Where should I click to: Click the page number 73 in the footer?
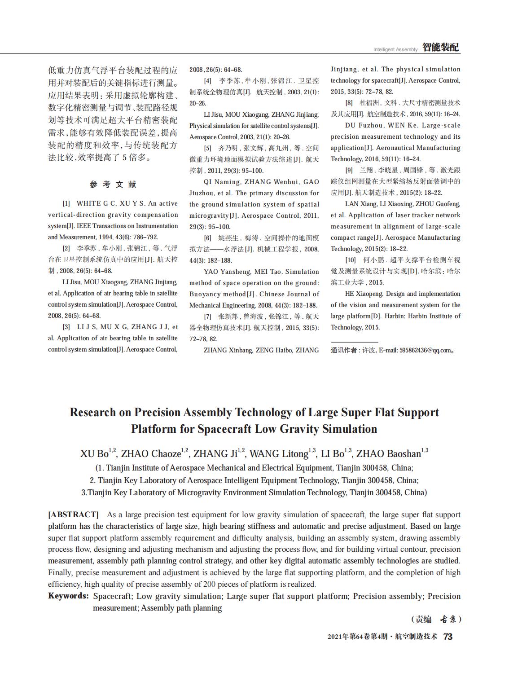(x=448, y=637)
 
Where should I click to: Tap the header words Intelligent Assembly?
(x=395, y=49)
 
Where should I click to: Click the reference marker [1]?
(x=66, y=204)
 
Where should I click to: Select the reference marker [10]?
(x=350, y=260)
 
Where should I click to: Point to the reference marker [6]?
(x=207, y=238)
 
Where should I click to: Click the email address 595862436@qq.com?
(x=425, y=350)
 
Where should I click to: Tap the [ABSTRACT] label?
(x=73, y=514)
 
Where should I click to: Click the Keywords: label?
(x=68, y=596)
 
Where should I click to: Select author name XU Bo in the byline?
(x=94, y=454)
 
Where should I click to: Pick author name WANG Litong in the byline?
(x=279, y=454)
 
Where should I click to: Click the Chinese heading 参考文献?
(x=113, y=185)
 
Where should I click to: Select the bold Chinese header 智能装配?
(x=441, y=48)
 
